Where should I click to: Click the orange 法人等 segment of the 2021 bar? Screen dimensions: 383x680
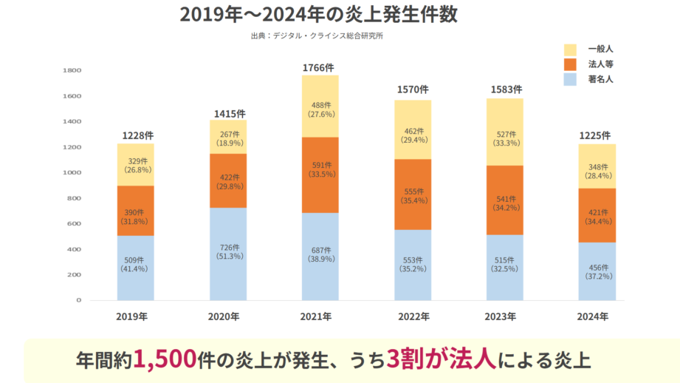coord(320,174)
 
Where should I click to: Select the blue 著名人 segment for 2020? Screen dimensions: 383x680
coord(227,254)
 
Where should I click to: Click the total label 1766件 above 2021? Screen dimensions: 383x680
coord(320,68)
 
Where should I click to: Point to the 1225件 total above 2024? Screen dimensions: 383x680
coord(597,135)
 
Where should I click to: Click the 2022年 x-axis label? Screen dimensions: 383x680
coord(412,316)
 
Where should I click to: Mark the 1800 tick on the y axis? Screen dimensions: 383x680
coord(72,71)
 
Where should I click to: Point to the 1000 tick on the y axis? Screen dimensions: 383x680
coord(72,173)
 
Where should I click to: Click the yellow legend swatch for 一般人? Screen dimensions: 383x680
coord(570,50)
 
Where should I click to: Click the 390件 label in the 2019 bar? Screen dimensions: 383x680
coord(135,212)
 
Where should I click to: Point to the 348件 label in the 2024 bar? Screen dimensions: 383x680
coord(597,168)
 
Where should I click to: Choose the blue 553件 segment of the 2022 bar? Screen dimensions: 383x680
coord(412,265)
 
